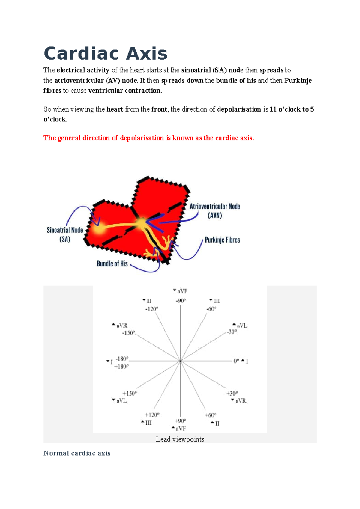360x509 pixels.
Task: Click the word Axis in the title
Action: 146,54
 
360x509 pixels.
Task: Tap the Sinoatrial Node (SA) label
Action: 65,234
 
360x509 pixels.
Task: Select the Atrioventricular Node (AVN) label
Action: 215,211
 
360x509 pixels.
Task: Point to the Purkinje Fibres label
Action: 222,240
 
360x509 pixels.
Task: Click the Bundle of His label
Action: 112,264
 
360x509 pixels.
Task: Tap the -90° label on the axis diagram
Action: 181,301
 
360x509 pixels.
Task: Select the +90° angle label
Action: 180,421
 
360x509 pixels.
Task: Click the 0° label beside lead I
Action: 236,361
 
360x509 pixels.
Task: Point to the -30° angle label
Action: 232,332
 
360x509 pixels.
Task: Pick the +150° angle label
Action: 130,393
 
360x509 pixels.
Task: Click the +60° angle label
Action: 211,415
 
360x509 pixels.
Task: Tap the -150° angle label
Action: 128,333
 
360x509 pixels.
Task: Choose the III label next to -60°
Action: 217,301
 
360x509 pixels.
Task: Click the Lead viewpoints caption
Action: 180,439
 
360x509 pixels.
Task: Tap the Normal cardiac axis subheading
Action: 77,453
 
